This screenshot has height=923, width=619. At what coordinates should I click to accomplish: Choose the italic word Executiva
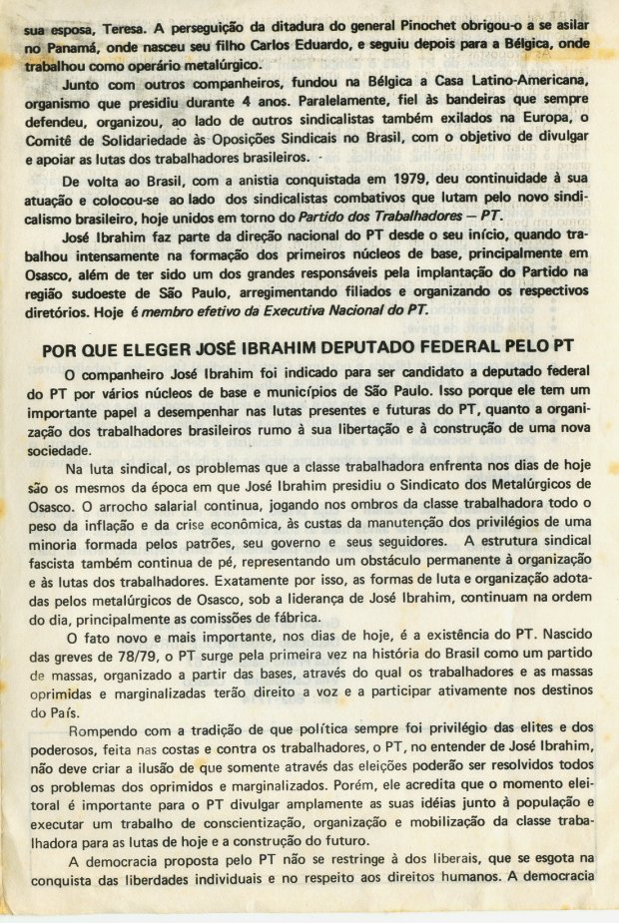[296, 309]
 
